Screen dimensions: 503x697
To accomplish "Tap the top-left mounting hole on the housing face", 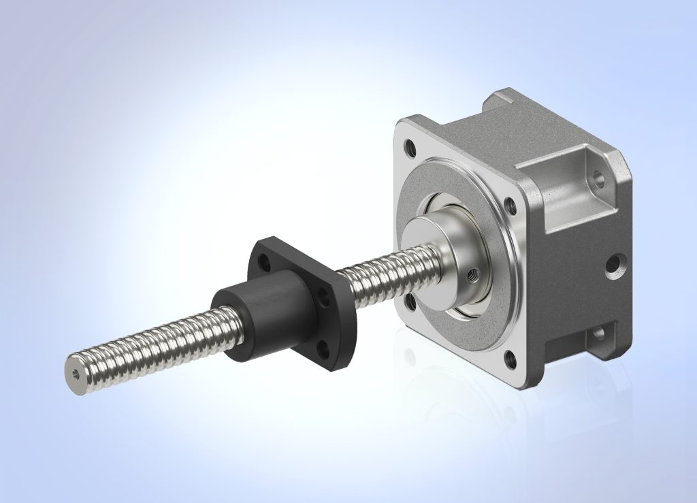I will point(410,146).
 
